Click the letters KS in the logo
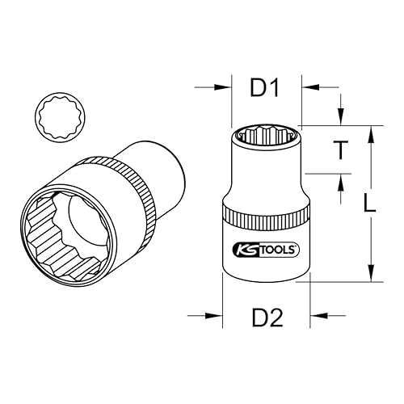click(x=242, y=250)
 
